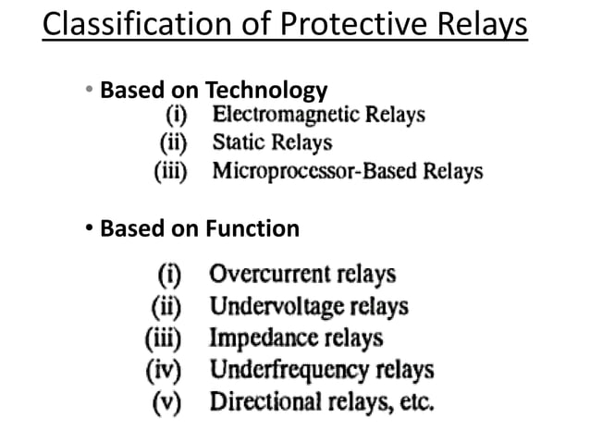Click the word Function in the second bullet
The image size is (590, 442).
pos(251,227)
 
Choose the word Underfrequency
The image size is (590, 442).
pos(282,371)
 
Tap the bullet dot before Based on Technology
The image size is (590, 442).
pos(89,91)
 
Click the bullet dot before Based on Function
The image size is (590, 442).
pos(89,227)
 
